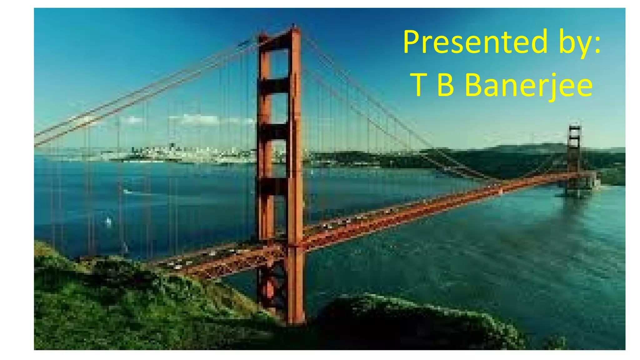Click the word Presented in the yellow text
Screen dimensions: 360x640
click(x=475, y=42)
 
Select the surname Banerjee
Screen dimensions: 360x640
click(x=528, y=85)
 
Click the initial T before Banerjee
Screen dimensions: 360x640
click(x=420, y=85)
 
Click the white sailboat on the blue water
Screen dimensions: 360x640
click(x=108, y=221)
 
